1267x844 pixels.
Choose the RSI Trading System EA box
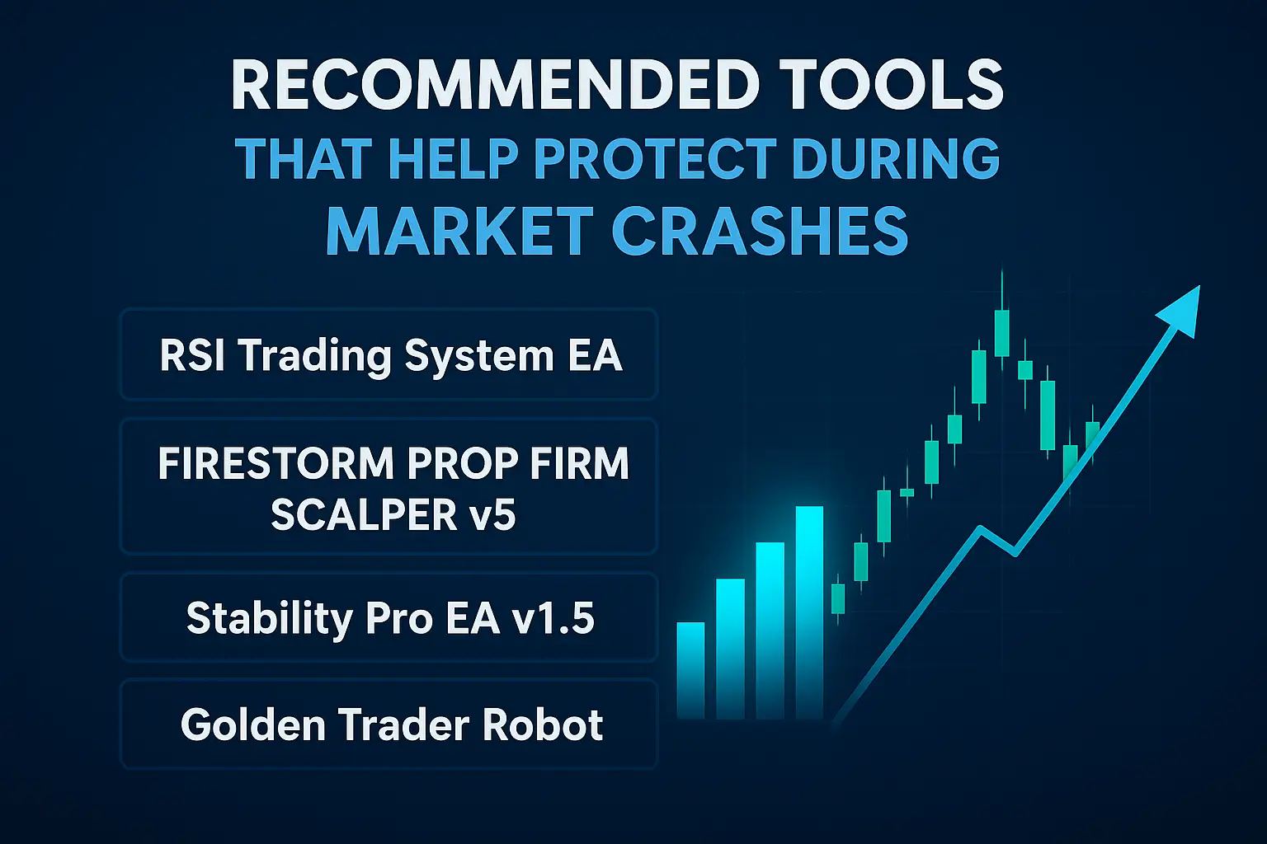pyautogui.click(x=389, y=355)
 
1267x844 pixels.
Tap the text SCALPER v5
pyautogui.click(x=393, y=515)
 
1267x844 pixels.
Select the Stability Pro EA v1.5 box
pyautogui.click(x=389, y=618)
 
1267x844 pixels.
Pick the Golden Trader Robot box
pyautogui.click(x=389, y=724)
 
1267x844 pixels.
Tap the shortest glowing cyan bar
pyautogui.click(x=690, y=669)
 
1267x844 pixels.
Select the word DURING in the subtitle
pyautogui.click(x=895, y=158)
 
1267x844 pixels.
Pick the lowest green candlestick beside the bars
pyautogui.click(x=838, y=598)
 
